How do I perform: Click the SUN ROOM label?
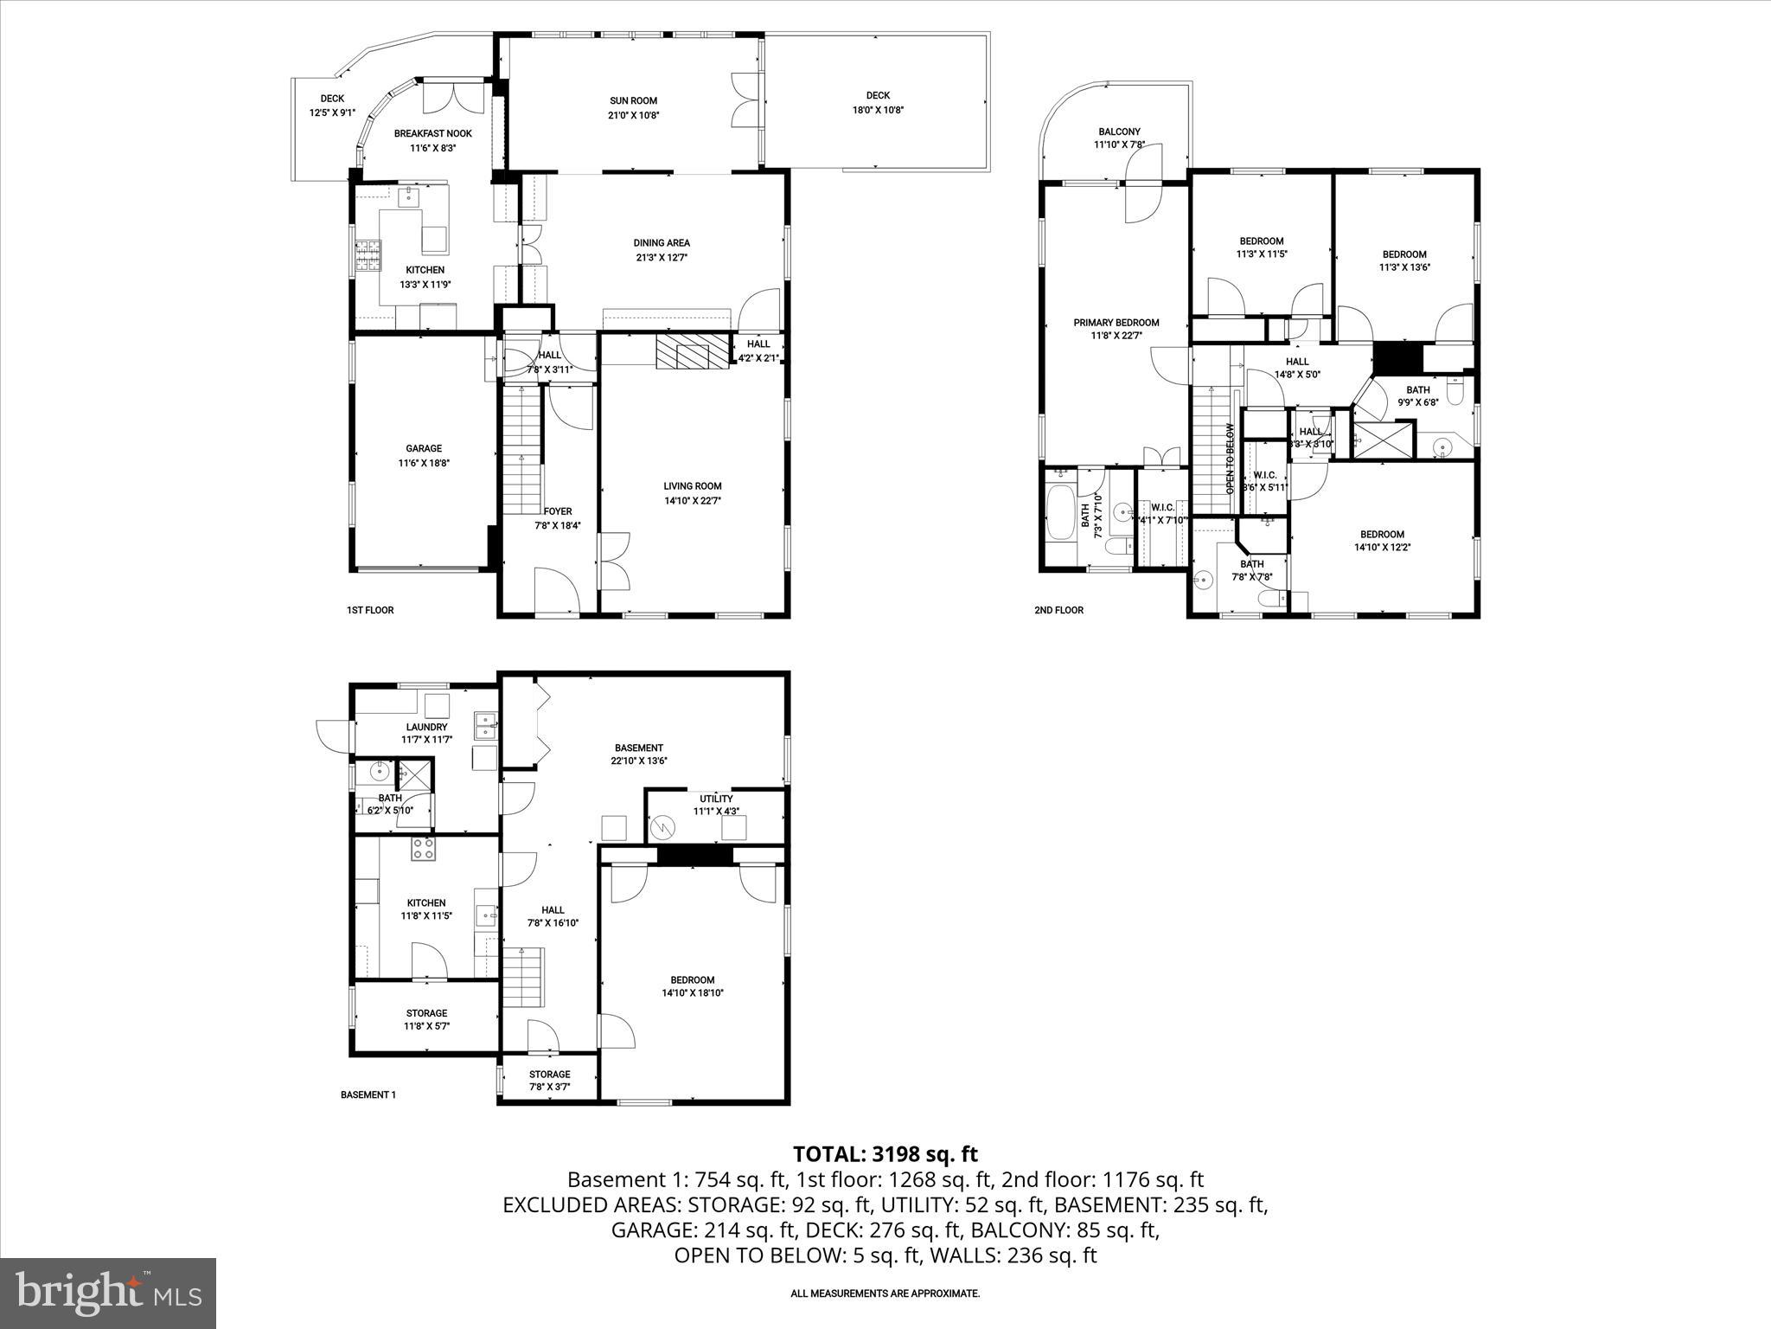(x=633, y=101)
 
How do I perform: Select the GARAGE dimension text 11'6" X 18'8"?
(x=424, y=463)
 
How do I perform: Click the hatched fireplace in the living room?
(x=681, y=353)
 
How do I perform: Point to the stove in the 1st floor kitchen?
(x=368, y=254)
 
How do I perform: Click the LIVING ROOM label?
(x=692, y=486)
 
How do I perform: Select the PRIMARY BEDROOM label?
(x=1116, y=323)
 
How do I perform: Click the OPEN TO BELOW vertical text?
(x=1230, y=459)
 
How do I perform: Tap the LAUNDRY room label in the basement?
(x=426, y=727)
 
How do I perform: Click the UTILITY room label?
(x=716, y=799)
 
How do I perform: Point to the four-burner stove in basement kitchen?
(x=423, y=849)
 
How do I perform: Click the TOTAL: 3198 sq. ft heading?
(x=885, y=1153)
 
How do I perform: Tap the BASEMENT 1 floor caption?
(x=368, y=1095)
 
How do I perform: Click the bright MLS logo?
(x=108, y=1293)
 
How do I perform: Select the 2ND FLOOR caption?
(x=1058, y=610)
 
